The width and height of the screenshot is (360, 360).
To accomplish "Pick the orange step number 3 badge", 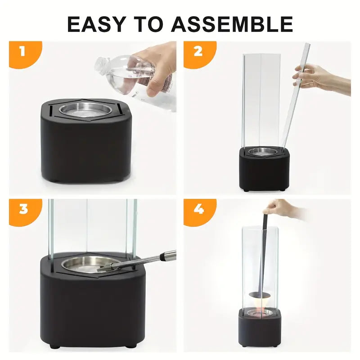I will click(x=22, y=210).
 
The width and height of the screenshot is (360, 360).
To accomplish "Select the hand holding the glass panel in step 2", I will click(x=317, y=78).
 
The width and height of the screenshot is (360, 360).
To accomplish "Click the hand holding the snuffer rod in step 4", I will click(x=281, y=208).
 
